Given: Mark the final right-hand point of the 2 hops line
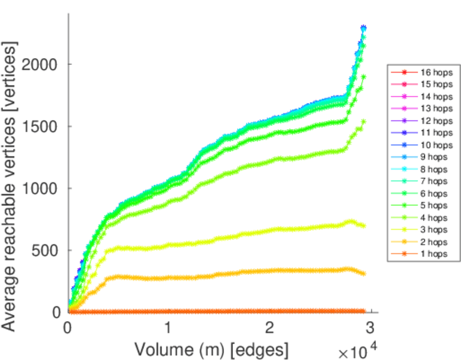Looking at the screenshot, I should coord(363,273).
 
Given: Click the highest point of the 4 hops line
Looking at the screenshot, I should coord(363,121).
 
